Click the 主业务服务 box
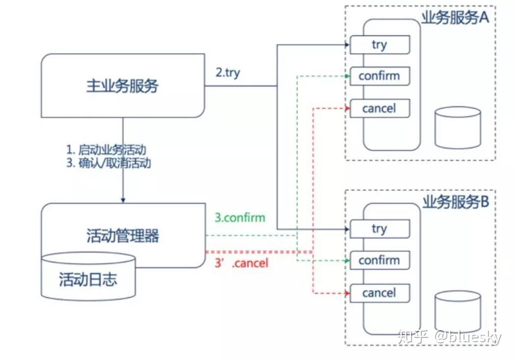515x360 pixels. tap(123, 86)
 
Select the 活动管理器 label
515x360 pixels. tap(123, 236)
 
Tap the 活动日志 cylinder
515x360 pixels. tap(88, 280)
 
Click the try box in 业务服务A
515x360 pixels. tap(380, 45)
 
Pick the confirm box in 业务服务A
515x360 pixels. tap(380, 76)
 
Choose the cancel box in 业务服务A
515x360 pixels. tap(380, 108)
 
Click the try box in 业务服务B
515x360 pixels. tap(380, 229)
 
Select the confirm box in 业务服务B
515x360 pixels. tap(380, 260)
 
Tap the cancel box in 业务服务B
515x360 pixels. tap(380, 293)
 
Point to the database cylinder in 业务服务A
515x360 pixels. tap(458, 128)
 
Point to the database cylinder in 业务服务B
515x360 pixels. tap(458, 311)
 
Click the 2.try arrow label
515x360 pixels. tap(228, 73)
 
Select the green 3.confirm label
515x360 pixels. tap(240, 217)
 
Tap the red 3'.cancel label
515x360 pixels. tap(242, 263)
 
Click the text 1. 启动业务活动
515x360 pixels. tap(106, 150)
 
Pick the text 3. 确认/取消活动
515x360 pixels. tap(108, 163)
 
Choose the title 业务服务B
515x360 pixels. tap(456, 202)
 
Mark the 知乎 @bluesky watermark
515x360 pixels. tap(450, 337)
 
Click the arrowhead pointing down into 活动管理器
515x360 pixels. tap(123, 200)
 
